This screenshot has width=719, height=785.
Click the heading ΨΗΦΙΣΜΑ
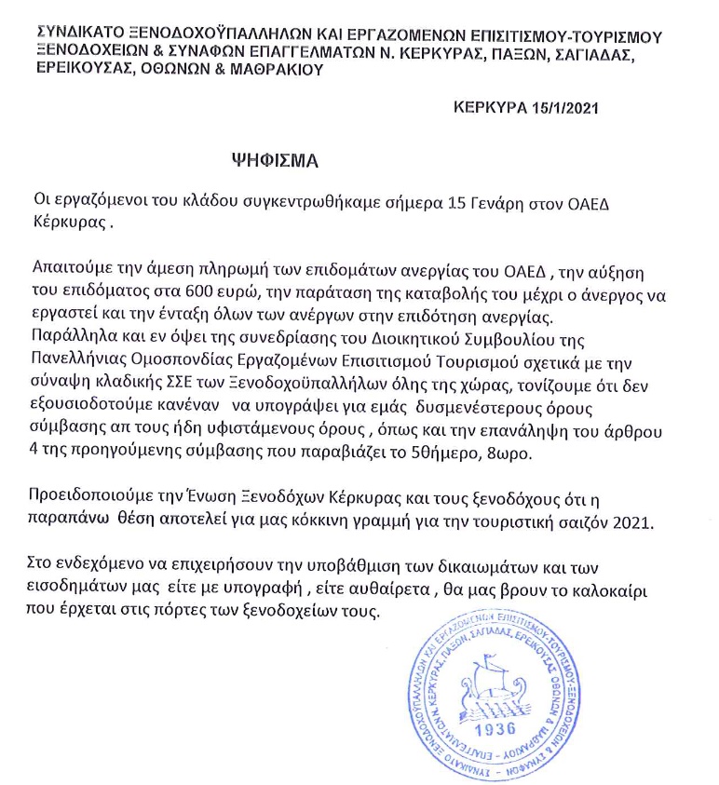coord(275,159)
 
